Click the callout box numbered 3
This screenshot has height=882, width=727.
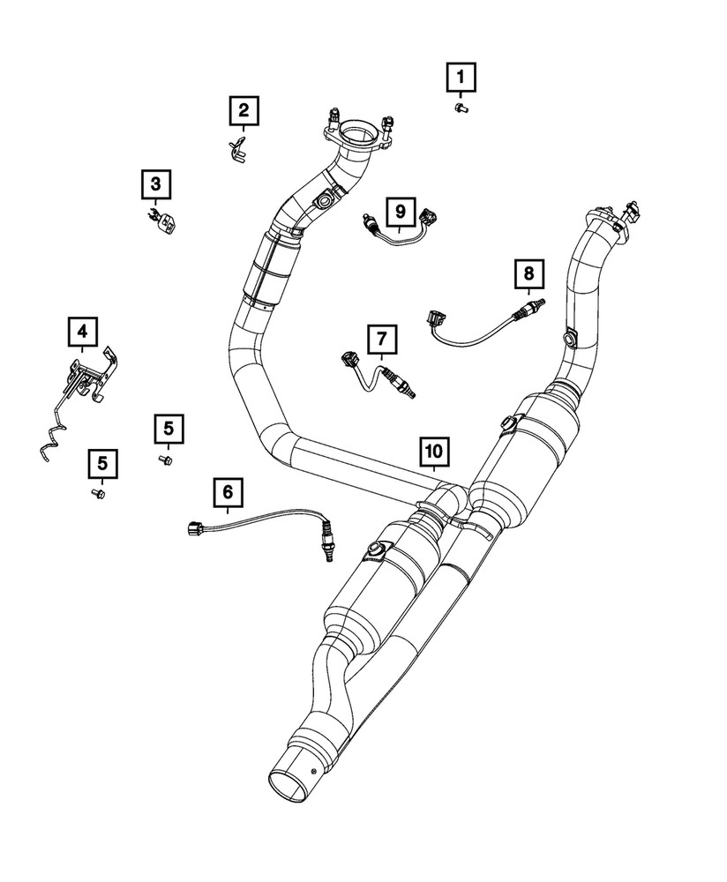pyautogui.click(x=155, y=185)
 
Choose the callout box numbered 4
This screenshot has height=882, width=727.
pyautogui.click(x=82, y=332)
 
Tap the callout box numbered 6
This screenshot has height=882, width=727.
pyautogui.click(x=228, y=491)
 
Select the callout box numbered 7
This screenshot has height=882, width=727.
pyautogui.click(x=382, y=339)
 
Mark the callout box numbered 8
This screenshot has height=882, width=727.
pyautogui.click(x=529, y=273)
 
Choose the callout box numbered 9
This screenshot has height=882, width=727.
pyautogui.click(x=400, y=211)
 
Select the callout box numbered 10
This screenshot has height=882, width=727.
pyautogui.click(x=432, y=452)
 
